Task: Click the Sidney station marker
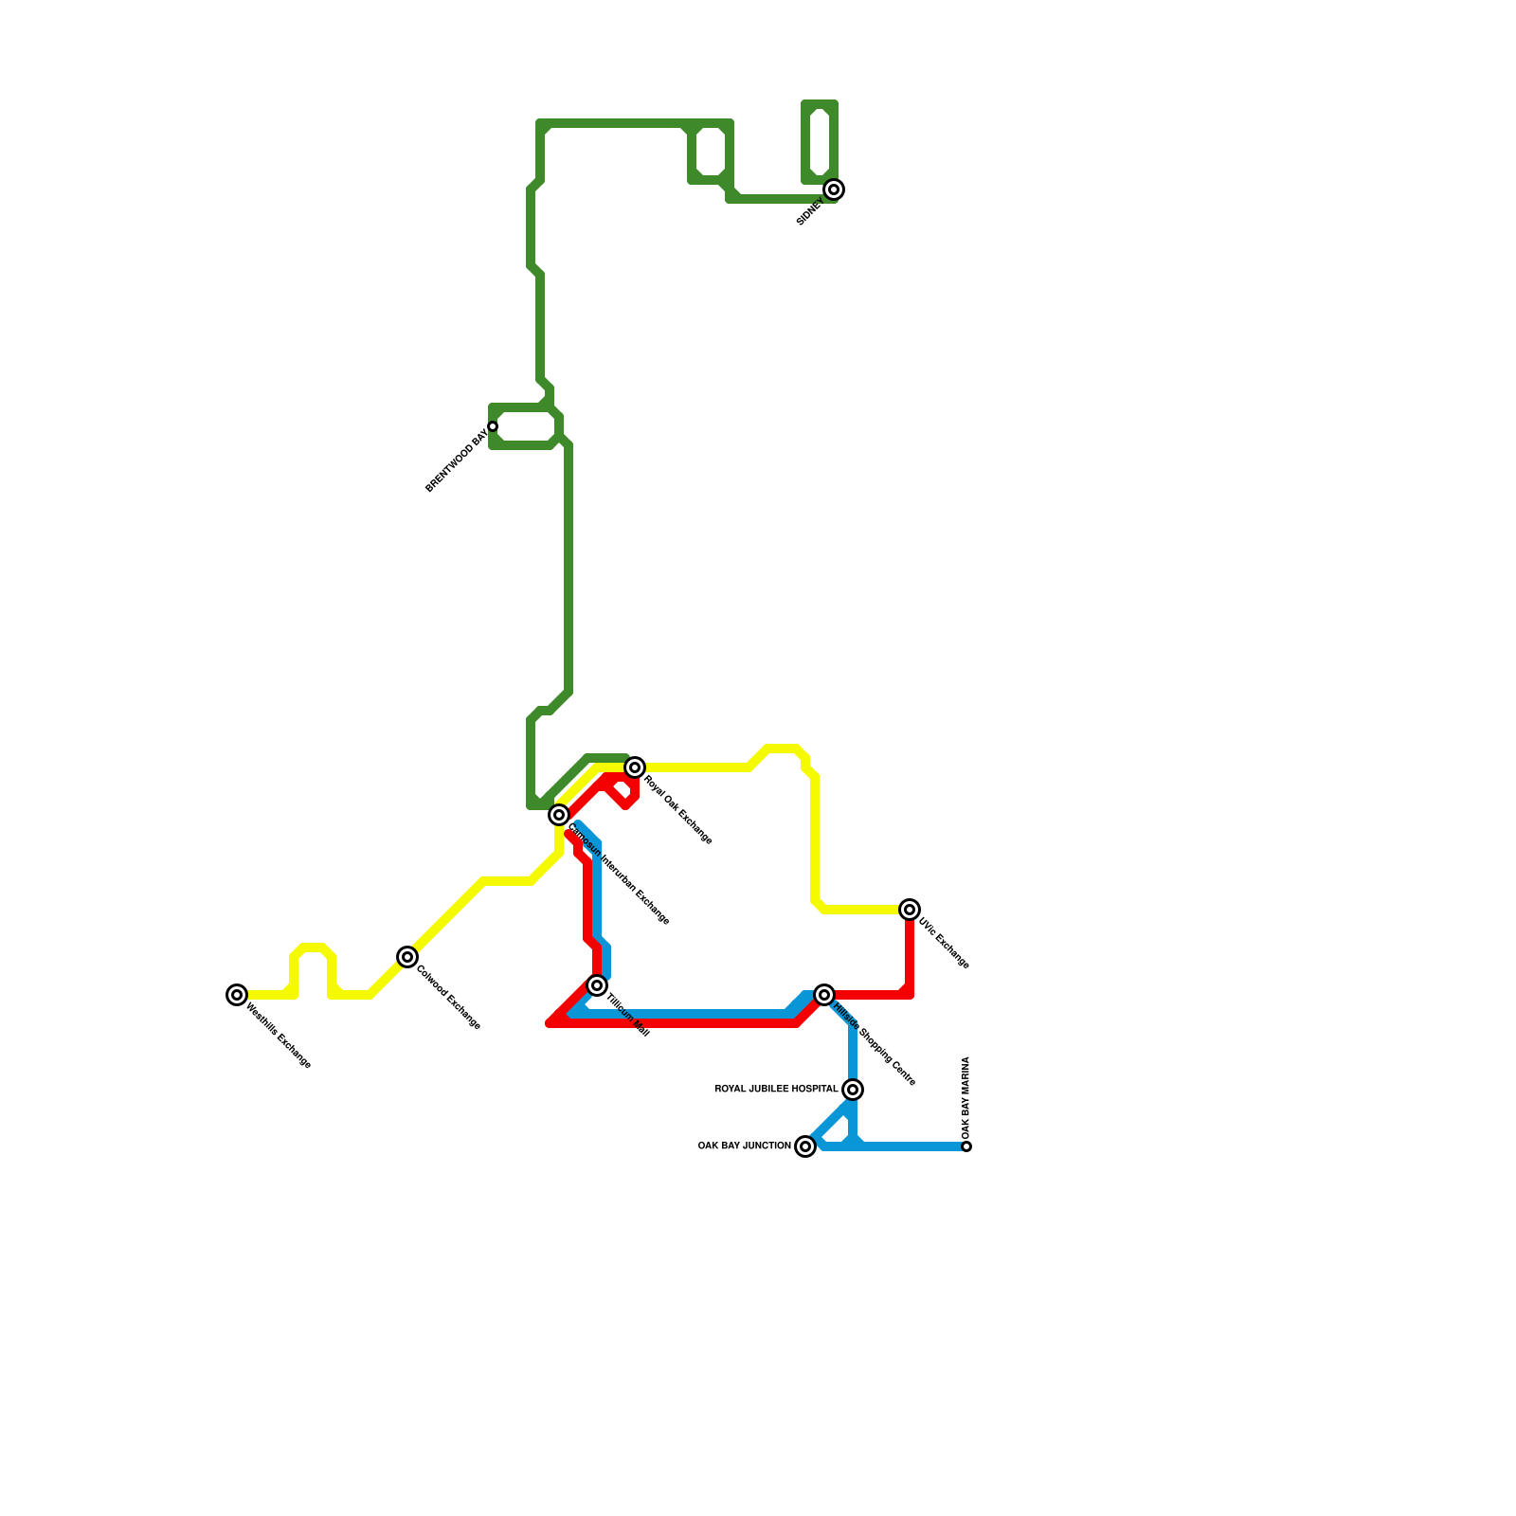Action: (834, 189)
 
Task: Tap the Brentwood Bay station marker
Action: (493, 426)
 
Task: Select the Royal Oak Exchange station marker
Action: (635, 767)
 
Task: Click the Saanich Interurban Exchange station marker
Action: (559, 815)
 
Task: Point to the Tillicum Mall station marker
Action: (597, 985)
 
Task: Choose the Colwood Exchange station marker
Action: (407, 957)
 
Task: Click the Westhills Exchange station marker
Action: (237, 995)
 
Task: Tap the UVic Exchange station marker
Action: (910, 910)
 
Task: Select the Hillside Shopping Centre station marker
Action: (824, 995)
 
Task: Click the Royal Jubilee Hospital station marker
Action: (853, 1090)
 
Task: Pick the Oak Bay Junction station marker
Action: (805, 1146)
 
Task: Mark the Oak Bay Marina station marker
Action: (966, 1146)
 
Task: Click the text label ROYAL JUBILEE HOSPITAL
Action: (776, 1090)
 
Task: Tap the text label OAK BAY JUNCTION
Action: (744, 1146)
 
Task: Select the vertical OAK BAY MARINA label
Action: (966, 1098)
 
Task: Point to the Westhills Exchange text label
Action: (279, 1037)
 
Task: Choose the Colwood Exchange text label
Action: (449, 999)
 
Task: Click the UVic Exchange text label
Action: (944, 944)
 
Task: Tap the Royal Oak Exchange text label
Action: (678, 811)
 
